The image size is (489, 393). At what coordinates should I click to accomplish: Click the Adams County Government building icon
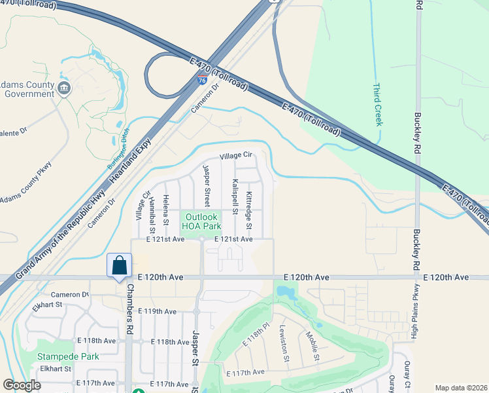(x=63, y=88)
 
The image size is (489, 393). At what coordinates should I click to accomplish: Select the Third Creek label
(x=377, y=104)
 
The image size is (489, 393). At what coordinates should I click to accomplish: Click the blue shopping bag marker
(x=120, y=266)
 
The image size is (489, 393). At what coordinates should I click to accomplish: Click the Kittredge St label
(x=248, y=210)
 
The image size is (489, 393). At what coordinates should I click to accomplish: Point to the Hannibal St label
(x=151, y=214)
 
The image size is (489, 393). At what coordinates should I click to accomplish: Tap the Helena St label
(x=165, y=211)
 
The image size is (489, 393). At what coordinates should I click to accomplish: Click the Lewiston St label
(x=284, y=343)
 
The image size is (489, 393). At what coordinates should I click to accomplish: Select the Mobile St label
(x=312, y=345)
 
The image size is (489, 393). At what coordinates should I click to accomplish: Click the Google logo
(x=22, y=385)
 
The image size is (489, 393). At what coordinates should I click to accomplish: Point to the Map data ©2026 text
(x=460, y=388)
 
